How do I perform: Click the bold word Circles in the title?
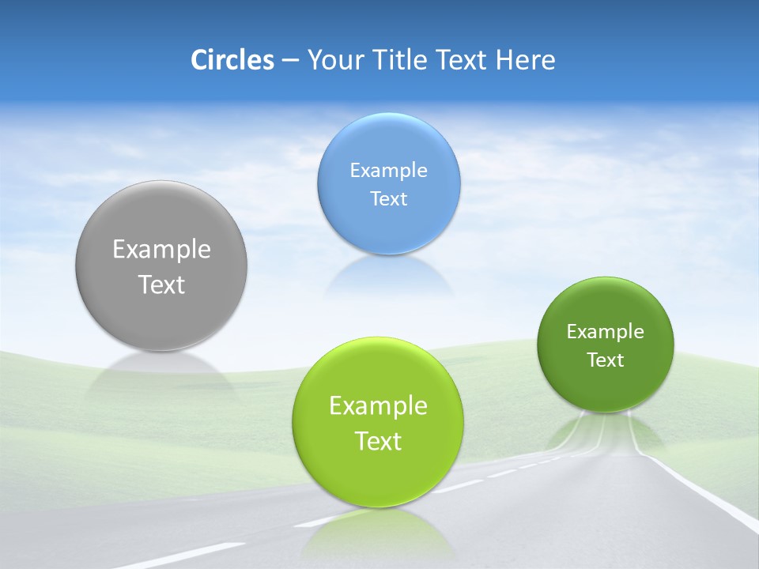coord(232,60)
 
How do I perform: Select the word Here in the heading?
coord(526,60)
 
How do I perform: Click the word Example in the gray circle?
coord(161,250)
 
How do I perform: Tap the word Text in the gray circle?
coord(161,284)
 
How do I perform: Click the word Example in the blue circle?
coord(389,171)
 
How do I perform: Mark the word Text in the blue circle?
coord(389,199)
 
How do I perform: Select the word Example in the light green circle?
coord(378,406)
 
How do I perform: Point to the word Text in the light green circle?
coord(378,441)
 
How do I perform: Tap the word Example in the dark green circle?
coord(606,332)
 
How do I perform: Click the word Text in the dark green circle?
coord(606,360)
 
